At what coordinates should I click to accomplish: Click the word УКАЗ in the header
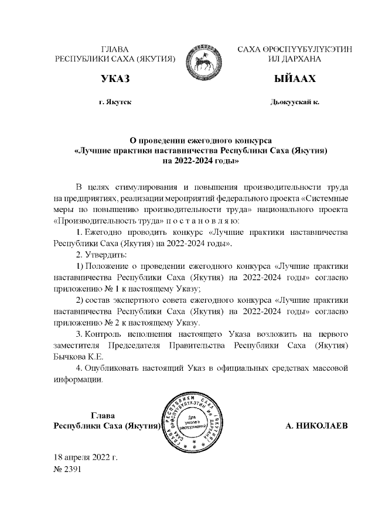(115, 79)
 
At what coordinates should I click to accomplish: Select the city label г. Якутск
(115, 102)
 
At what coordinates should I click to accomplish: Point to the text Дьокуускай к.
(295, 102)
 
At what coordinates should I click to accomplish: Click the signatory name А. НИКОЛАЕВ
(316, 426)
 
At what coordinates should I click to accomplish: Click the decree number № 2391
(67, 469)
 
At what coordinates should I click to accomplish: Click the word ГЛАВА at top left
(115, 50)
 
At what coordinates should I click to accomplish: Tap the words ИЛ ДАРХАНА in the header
(294, 60)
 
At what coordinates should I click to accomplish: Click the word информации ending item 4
(77, 379)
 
